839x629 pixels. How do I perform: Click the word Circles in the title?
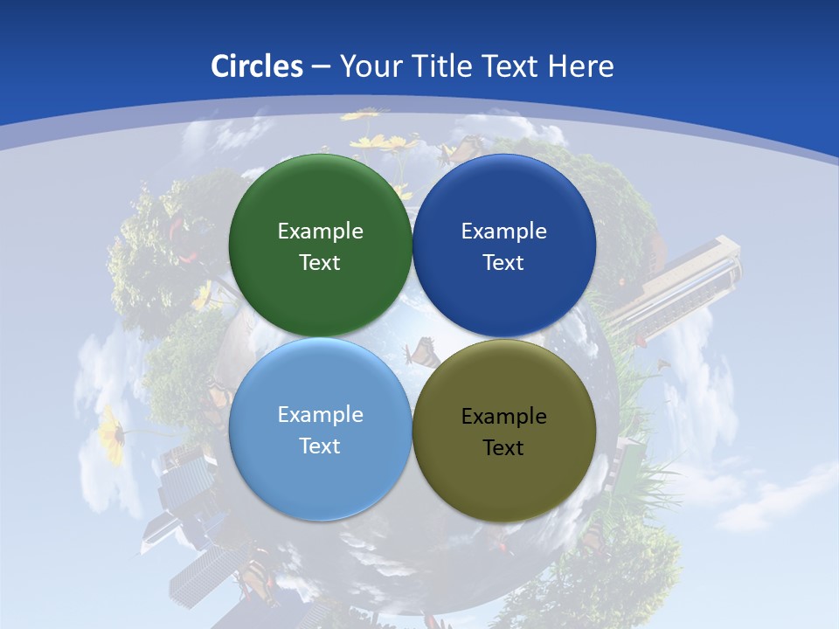pyautogui.click(x=256, y=66)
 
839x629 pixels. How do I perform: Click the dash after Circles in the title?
pyautogui.click(x=321, y=67)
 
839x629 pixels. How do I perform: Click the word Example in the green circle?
pyautogui.click(x=320, y=232)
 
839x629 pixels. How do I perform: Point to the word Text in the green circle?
pyautogui.click(x=320, y=263)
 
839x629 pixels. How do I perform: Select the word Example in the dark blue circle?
pyautogui.click(x=504, y=232)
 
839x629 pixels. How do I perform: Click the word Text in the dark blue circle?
pyautogui.click(x=504, y=263)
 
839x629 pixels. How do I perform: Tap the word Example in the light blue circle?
pyautogui.click(x=320, y=415)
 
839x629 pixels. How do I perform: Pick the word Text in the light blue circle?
pyautogui.click(x=320, y=446)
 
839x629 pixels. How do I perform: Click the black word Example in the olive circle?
pyautogui.click(x=504, y=417)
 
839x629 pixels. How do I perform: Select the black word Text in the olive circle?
pyautogui.click(x=504, y=448)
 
